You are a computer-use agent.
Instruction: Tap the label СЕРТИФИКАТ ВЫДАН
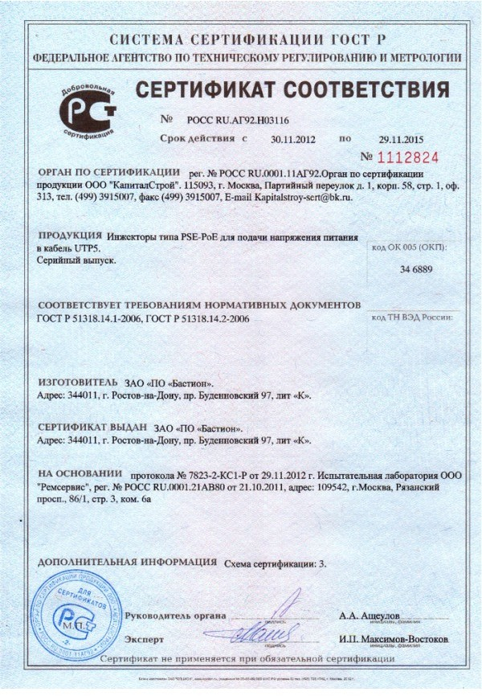[92, 428]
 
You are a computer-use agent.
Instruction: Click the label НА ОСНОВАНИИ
[80, 473]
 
